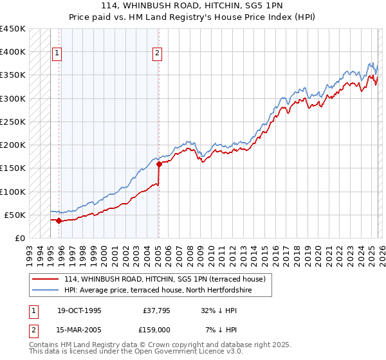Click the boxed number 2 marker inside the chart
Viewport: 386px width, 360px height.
coord(158,54)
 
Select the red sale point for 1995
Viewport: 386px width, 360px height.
coord(59,221)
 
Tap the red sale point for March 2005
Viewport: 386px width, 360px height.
coord(159,165)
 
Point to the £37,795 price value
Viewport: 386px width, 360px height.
coord(154,310)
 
